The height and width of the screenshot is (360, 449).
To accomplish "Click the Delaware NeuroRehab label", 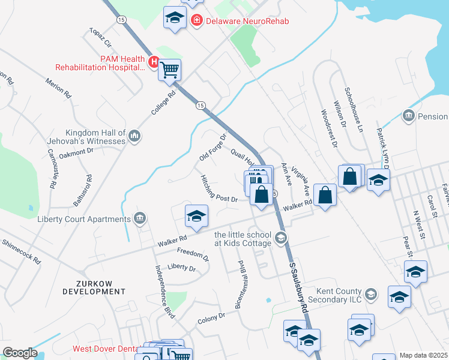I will click(246, 22).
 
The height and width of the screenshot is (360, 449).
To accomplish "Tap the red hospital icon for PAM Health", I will click(154, 61).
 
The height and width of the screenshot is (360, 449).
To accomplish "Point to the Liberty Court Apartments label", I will click(84, 219).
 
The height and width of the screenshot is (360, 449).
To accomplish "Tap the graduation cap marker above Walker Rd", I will click(196, 217).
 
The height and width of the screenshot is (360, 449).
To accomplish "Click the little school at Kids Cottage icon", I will click(280, 239).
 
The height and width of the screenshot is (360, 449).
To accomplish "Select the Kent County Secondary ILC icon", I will click(372, 294).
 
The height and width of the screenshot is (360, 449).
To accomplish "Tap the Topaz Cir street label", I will click(101, 37).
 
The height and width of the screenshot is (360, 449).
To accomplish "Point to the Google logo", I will click(20, 353).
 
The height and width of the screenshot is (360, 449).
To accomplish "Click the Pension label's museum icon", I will click(408, 115).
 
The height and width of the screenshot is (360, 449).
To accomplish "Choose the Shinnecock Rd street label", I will click(20, 252).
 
